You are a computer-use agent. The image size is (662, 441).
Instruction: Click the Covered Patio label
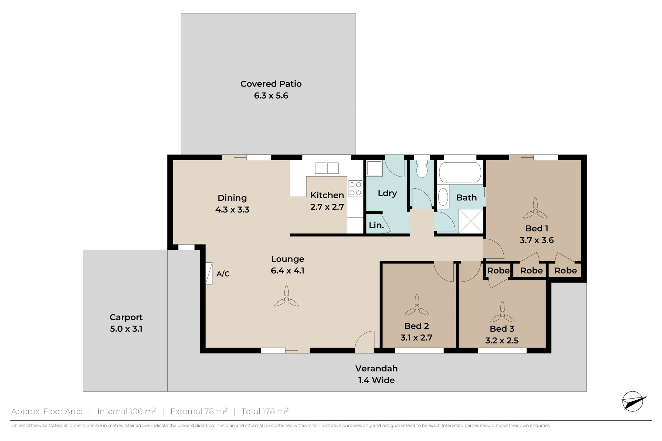click(271, 84)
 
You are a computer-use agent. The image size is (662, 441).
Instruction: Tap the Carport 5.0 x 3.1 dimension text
click(126, 329)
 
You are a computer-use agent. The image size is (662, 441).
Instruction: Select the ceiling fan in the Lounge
click(286, 297)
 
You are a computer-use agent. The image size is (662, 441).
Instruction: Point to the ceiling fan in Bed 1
click(535, 209)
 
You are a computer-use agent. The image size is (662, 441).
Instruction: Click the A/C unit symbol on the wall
click(209, 273)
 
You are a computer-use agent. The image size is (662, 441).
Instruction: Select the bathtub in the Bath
click(460, 172)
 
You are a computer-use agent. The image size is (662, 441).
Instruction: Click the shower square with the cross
click(471, 221)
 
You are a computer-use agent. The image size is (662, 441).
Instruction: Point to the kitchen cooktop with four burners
click(355, 189)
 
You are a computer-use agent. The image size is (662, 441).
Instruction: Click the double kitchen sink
click(327, 168)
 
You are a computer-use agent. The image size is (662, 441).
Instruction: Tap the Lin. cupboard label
click(376, 225)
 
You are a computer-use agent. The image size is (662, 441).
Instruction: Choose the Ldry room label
click(387, 193)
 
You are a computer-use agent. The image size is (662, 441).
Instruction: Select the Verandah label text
click(377, 369)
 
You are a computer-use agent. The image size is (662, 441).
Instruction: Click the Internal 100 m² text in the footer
click(127, 411)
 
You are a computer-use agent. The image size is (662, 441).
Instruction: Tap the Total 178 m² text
click(265, 411)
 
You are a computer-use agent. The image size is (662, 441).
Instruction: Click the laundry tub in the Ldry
click(374, 169)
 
